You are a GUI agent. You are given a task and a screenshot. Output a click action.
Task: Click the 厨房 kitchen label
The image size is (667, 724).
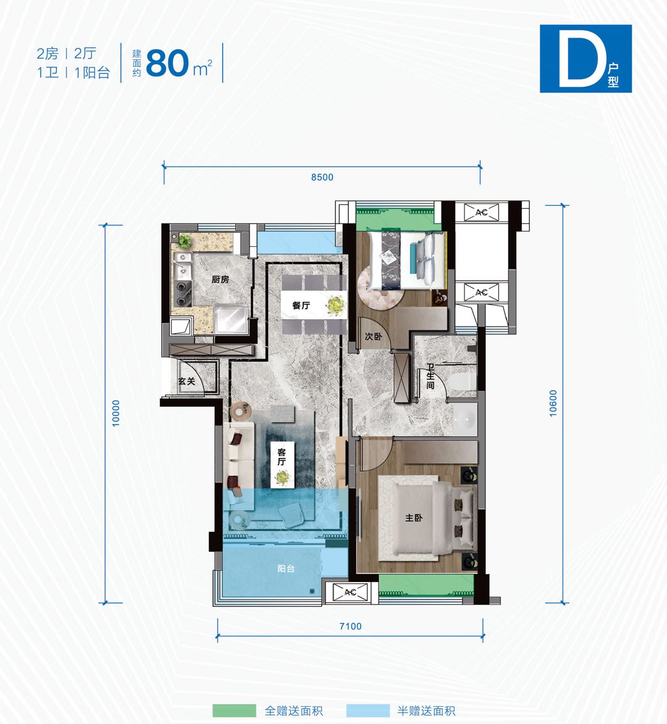pos(220,280)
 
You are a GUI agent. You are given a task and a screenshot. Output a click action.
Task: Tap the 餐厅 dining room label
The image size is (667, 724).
pos(301,305)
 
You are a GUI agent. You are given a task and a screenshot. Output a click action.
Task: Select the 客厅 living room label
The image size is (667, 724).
pos(281,457)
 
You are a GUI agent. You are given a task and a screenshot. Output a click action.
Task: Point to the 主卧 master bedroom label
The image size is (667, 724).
pos(414,518)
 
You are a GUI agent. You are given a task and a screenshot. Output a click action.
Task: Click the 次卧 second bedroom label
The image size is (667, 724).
pos(373,336)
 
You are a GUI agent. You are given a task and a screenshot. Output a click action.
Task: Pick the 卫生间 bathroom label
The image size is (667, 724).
pos(430,377)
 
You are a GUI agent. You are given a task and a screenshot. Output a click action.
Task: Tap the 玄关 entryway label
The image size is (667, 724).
pos(187,381)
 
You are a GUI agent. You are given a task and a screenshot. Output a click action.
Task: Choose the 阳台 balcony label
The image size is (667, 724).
pos(286,568)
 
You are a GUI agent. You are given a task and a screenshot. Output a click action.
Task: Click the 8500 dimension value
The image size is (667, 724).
pos(322,177)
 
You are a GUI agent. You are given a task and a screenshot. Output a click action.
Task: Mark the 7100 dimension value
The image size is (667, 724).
pos(351,626)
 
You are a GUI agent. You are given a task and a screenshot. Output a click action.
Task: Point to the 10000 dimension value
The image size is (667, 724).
pos(116,414)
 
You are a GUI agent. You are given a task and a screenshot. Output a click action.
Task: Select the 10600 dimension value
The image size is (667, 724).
pos(553,403)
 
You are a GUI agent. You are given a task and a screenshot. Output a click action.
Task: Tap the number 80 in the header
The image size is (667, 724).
pos(167,63)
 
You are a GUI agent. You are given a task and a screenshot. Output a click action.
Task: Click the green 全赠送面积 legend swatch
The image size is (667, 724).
pos(234,710)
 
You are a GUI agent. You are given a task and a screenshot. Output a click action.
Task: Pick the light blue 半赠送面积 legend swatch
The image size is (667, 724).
pos(367,710)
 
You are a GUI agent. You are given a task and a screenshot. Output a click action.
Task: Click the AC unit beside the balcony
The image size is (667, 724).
pos(350,593)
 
